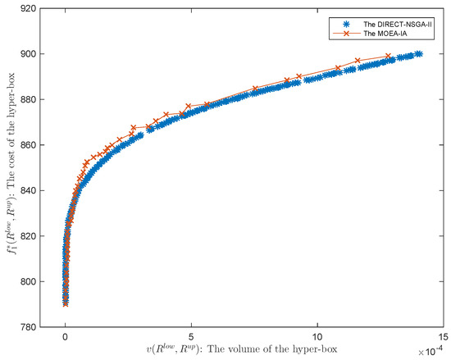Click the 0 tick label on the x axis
pyautogui.click(x=66, y=336)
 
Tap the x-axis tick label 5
pyautogui.click(x=191, y=336)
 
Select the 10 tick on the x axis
pyautogui.click(x=317, y=336)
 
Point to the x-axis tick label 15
pyautogui.click(x=443, y=336)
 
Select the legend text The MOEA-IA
pyautogui.click(x=379, y=34)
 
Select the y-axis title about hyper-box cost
pyautogui.click(x=14, y=168)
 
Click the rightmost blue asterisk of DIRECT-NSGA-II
pyautogui.click(x=418, y=54)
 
